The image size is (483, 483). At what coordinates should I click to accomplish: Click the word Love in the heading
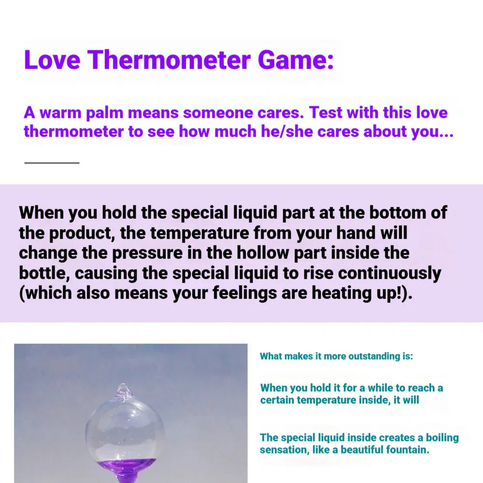pyautogui.click(x=52, y=60)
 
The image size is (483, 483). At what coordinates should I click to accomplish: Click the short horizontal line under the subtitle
pyautogui.click(x=52, y=163)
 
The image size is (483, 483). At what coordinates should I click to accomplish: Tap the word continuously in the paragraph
pyautogui.click(x=389, y=273)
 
